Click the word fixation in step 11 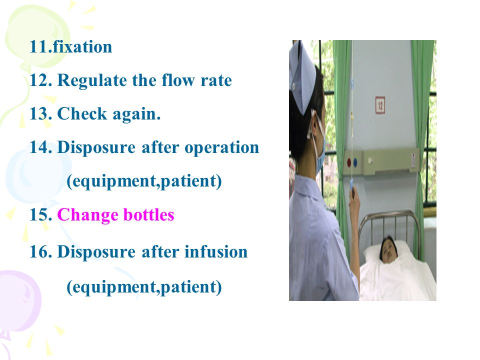[82, 47]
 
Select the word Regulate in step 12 [91, 81]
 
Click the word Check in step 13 [82, 113]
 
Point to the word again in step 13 [136, 115]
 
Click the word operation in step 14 [221, 148]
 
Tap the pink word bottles [149, 214]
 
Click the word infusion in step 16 [216, 251]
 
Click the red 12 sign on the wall [380, 105]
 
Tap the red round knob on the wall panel [349, 162]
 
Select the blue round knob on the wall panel [355, 162]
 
